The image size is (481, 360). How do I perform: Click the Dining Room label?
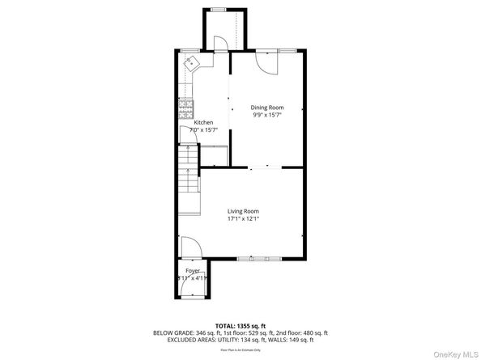(x=266, y=108)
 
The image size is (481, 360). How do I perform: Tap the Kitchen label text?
(x=202, y=122)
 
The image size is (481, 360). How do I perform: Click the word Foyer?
(x=192, y=270)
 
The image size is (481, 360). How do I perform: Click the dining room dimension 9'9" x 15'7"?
(x=266, y=115)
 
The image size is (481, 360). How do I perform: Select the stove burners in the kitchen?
(x=185, y=106)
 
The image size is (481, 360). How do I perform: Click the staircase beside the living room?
(x=189, y=183)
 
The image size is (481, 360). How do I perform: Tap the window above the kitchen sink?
(x=190, y=50)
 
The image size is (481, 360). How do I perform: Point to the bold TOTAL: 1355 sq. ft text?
(x=240, y=324)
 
